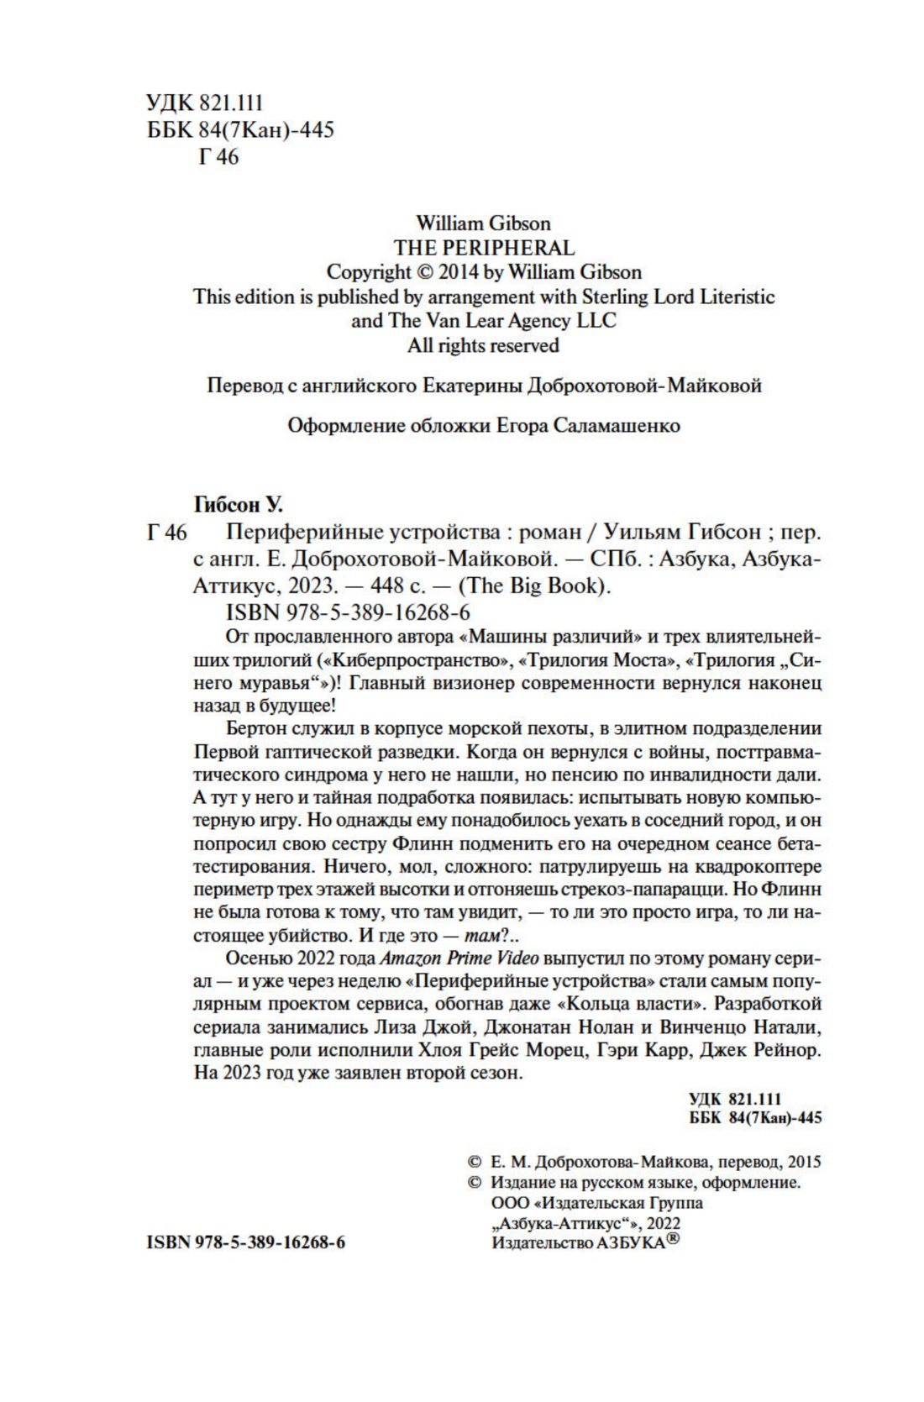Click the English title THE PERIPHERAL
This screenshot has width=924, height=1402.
coord(484,248)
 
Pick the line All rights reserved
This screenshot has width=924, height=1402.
coord(483,345)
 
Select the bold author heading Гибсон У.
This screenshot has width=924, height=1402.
coord(239,505)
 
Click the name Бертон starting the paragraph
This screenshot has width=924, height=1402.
coord(255,727)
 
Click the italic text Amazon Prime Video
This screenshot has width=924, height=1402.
coord(459,958)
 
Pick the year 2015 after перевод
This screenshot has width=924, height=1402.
coord(804,1163)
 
